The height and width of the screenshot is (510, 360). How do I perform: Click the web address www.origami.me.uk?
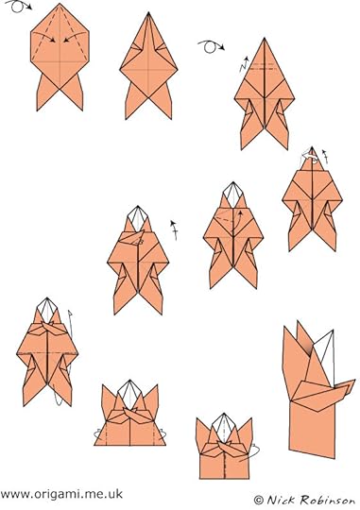(61, 494)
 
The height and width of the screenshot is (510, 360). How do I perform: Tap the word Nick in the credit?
(283, 500)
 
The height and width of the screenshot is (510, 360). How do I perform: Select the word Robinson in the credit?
(328, 500)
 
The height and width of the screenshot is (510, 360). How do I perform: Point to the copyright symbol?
(259, 500)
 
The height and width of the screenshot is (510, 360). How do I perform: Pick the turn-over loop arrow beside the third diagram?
(211, 46)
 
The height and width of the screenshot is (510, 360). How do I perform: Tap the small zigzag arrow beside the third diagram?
(245, 64)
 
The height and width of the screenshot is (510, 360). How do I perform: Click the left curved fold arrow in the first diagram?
(43, 37)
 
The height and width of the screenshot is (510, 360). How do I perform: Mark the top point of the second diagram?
(148, 12)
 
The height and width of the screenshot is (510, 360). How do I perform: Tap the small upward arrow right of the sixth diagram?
(175, 230)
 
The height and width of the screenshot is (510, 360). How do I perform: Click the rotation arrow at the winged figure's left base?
(96, 433)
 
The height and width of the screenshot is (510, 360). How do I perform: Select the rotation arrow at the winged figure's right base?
(163, 433)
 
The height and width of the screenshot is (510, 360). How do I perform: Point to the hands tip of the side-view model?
(353, 382)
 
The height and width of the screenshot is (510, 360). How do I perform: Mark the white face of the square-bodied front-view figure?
(223, 428)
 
